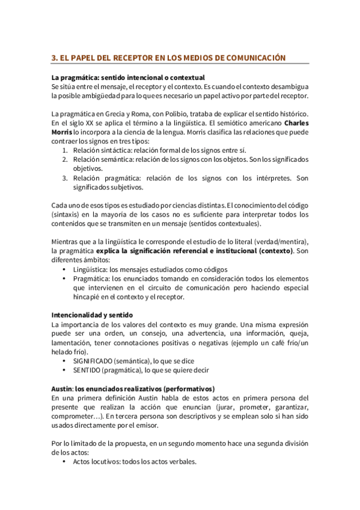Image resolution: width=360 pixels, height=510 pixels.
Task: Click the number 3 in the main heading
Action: [53, 57]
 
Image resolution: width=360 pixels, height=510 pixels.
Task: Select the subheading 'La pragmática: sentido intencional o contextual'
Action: [128, 78]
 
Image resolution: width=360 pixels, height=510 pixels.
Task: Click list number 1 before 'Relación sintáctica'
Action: [65, 150]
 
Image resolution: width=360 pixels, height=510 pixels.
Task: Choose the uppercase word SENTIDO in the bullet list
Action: [88, 369]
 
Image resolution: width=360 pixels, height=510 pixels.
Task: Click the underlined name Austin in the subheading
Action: [61, 388]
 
